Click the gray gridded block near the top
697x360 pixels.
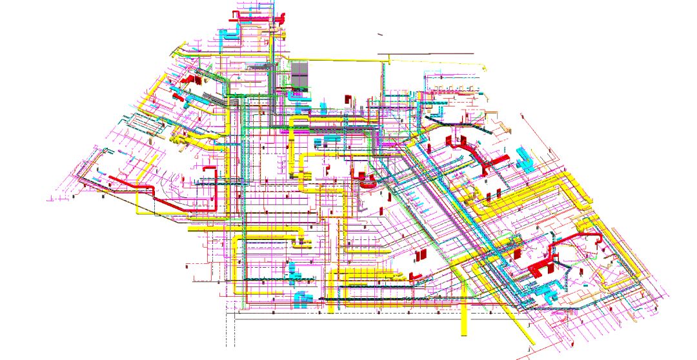tap(299, 74)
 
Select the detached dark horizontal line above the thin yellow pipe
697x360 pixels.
tap(425, 54)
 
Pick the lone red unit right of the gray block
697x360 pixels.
tap(347, 98)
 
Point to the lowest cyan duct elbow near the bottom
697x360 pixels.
tap(299, 298)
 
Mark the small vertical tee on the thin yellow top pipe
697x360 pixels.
tap(389, 61)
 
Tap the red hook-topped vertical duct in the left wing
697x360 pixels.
tap(212, 187)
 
